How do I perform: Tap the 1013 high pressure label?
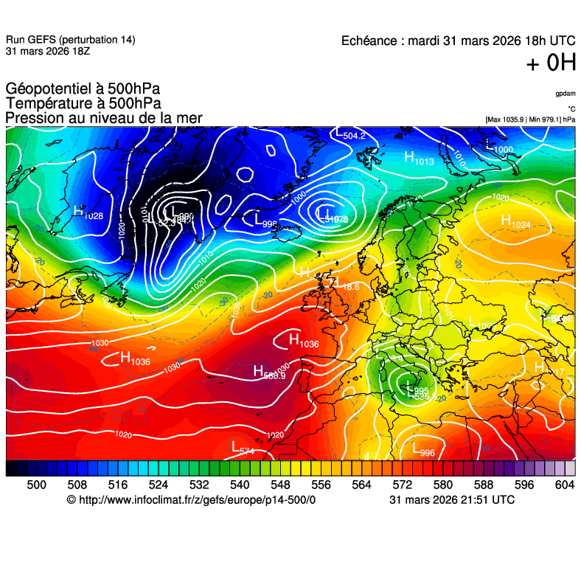[x=419, y=159]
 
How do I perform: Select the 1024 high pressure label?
[x=515, y=221]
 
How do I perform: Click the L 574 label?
[x=243, y=448]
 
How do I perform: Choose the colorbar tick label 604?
[x=565, y=484]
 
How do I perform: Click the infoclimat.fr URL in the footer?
[x=191, y=499]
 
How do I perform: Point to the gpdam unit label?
[x=566, y=94]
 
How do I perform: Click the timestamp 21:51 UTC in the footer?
[x=486, y=499]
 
